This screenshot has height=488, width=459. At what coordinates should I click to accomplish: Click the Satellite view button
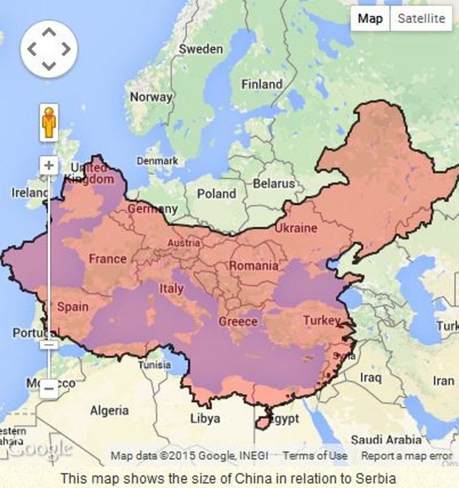(421, 18)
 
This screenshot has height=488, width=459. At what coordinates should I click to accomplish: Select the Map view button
(370, 18)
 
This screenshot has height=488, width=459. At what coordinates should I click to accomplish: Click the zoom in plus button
(49, 165)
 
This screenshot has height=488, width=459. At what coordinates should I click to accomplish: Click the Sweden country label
(201, 49)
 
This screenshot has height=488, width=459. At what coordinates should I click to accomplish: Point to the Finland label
(262, 84)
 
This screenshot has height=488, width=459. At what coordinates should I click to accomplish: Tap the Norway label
(151, 97)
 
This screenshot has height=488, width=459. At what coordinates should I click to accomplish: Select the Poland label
(217, 193)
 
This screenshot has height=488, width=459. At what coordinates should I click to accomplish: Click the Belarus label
(274, 183)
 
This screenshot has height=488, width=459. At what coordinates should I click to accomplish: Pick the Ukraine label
(296, 228)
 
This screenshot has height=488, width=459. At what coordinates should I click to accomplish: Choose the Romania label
(254, 265)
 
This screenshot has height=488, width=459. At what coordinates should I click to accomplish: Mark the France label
(107, 259)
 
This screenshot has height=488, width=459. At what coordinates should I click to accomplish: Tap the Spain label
(72, 306)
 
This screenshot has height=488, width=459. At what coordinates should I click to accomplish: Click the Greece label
(238, 322)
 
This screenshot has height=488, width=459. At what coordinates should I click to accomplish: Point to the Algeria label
(110, 411)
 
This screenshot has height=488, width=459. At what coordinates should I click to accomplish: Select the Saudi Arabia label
(386, 439)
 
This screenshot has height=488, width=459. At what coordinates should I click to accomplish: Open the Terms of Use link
(315, 456)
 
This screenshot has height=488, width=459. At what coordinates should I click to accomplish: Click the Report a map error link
(407, 456)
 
